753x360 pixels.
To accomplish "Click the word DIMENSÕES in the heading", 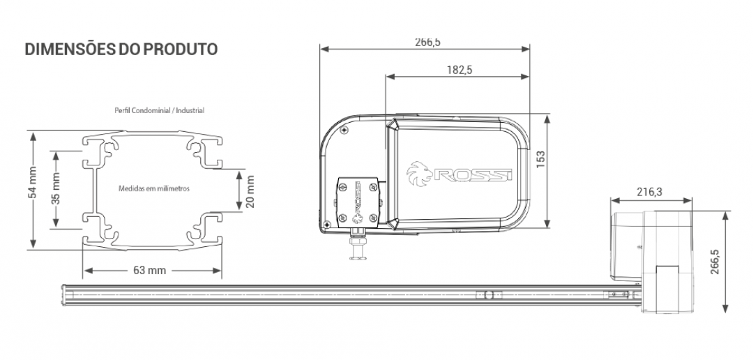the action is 70,49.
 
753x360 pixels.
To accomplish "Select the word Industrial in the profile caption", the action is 190,110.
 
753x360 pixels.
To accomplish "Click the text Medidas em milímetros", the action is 154,188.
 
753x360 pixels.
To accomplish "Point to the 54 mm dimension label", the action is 32,183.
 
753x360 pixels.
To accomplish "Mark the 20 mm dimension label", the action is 250,191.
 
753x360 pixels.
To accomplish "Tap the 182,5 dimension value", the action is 459,70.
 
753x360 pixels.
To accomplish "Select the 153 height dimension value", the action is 541,160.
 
